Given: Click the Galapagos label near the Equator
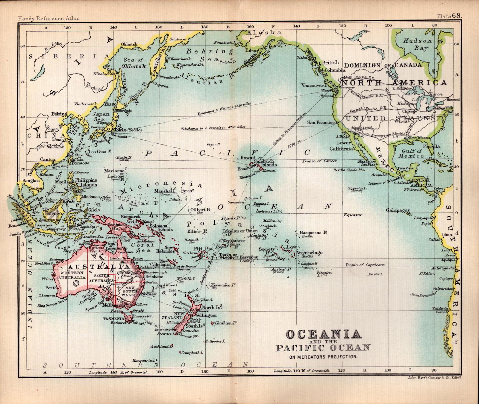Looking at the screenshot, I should (398, 210).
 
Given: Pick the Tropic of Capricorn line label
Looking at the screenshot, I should (365, 265).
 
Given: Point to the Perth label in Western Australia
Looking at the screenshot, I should (50, 288).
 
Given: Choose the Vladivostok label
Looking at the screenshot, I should (86, 104).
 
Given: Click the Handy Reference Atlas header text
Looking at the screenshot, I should (49, 18).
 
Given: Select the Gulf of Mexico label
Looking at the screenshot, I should (411, 153).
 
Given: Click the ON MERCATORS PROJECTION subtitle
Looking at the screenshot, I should (323, 356).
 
